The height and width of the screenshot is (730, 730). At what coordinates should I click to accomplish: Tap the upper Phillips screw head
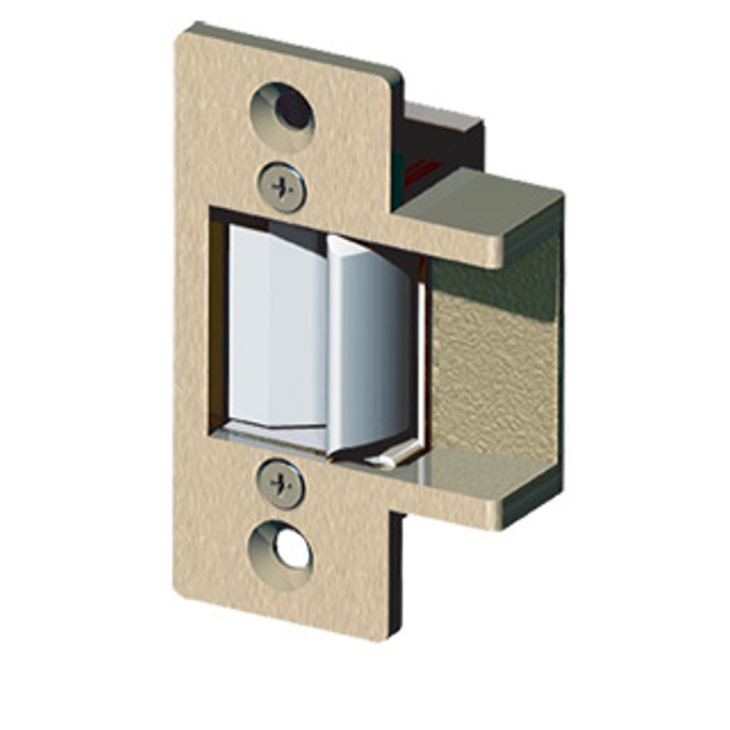(x=282, y=187)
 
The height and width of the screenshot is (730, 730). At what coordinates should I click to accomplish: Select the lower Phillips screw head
(x=282, y=483)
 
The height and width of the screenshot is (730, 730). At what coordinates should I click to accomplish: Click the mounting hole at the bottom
(x=282, y=548)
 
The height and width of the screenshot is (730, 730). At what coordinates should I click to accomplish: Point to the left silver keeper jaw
(x=274, y=328)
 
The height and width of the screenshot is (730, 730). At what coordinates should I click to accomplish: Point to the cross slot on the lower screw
(x=282, y=483)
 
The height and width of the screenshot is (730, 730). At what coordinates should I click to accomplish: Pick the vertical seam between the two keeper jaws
(x=327, y=338)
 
